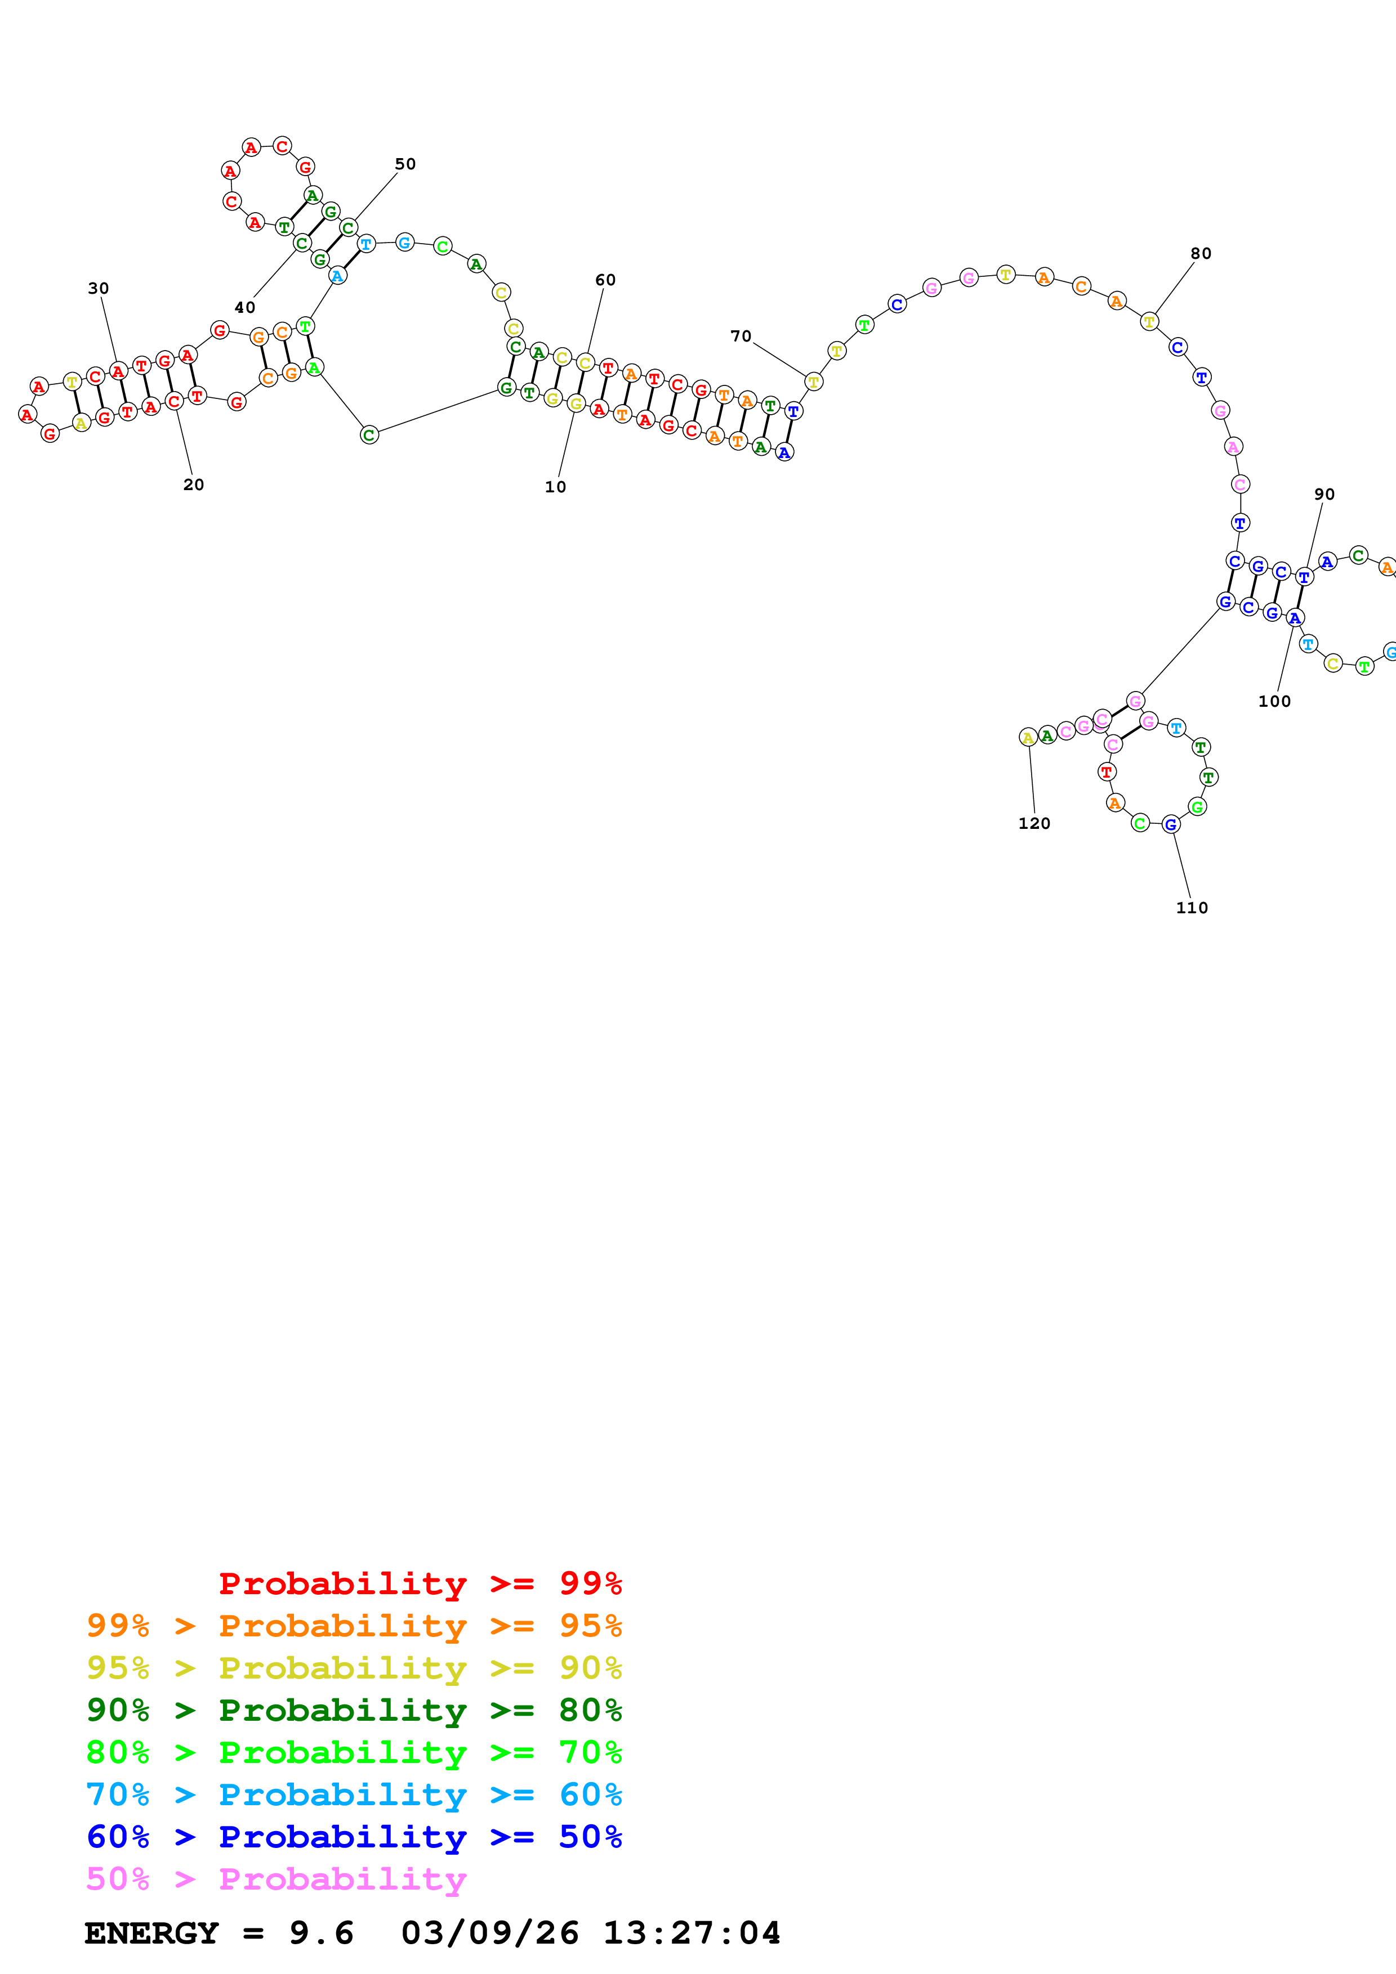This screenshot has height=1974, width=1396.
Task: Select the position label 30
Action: tap(98, 288)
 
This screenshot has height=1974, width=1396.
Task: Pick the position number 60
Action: tap(605, 280)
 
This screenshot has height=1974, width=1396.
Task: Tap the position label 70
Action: tap(741, 336)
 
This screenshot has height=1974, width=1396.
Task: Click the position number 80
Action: tap(1201, 254)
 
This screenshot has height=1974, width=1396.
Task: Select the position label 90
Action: tap(1324, 495)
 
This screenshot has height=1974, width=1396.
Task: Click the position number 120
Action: tap(1034, 824)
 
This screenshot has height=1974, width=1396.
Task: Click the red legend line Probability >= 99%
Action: tap(420, 1583)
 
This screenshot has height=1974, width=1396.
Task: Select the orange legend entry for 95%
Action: tap(354, 1626)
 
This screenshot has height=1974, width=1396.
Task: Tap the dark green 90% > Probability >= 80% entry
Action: tap(354, 1710)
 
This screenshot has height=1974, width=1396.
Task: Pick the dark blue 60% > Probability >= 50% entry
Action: tap(354, 1837)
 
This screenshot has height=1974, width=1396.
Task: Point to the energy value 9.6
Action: tap(321, 1933)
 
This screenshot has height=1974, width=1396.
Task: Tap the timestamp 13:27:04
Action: tap(692, 1933)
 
